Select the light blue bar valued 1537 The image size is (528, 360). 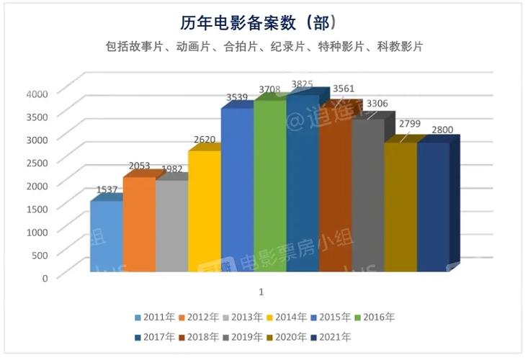pyautogui.click(x=106, y=236)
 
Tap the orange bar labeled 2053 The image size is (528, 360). pyautogui.click(x=138, y=224)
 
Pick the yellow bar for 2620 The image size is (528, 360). pyautogui.click(x=204, y=211)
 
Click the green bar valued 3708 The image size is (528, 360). pyautogui.click(x=269, y=186)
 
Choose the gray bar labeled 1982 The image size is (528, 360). pyautogui.click(x=171, y=226)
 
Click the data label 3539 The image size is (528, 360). pyautogui.click(x=236, y=97)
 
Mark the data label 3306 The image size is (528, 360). pyautogui.click(x=377, y=104)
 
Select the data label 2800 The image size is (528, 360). pyautogui.click(x=442, y=130)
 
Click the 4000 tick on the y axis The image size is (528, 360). pyautogui.click(x=36, y=93)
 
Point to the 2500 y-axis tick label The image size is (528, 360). pyautogui.click(x=36, y=162)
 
